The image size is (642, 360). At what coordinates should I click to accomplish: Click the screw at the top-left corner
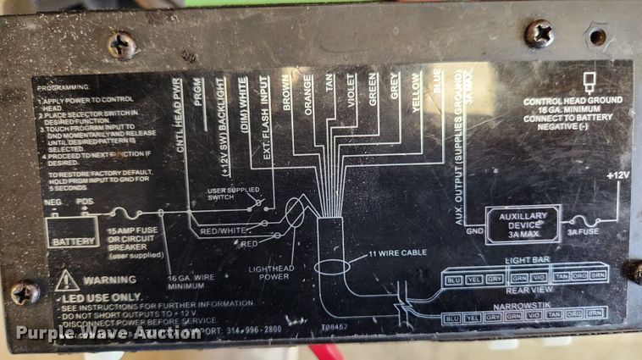pyautogui.click(x=122, y=44)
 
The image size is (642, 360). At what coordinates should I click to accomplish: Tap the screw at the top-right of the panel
pyautogui.click(x=539, y=34)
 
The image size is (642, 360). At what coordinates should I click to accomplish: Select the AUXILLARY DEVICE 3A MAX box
pyautogui.click(x=522, y=224)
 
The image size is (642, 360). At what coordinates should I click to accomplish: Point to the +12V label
pyautogui.click(x=617, y=175)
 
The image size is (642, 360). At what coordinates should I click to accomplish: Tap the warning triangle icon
pyautogui.click(x=67, y=281)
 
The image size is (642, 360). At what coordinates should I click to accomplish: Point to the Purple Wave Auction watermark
pyautogui.click(x=108, y=332)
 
